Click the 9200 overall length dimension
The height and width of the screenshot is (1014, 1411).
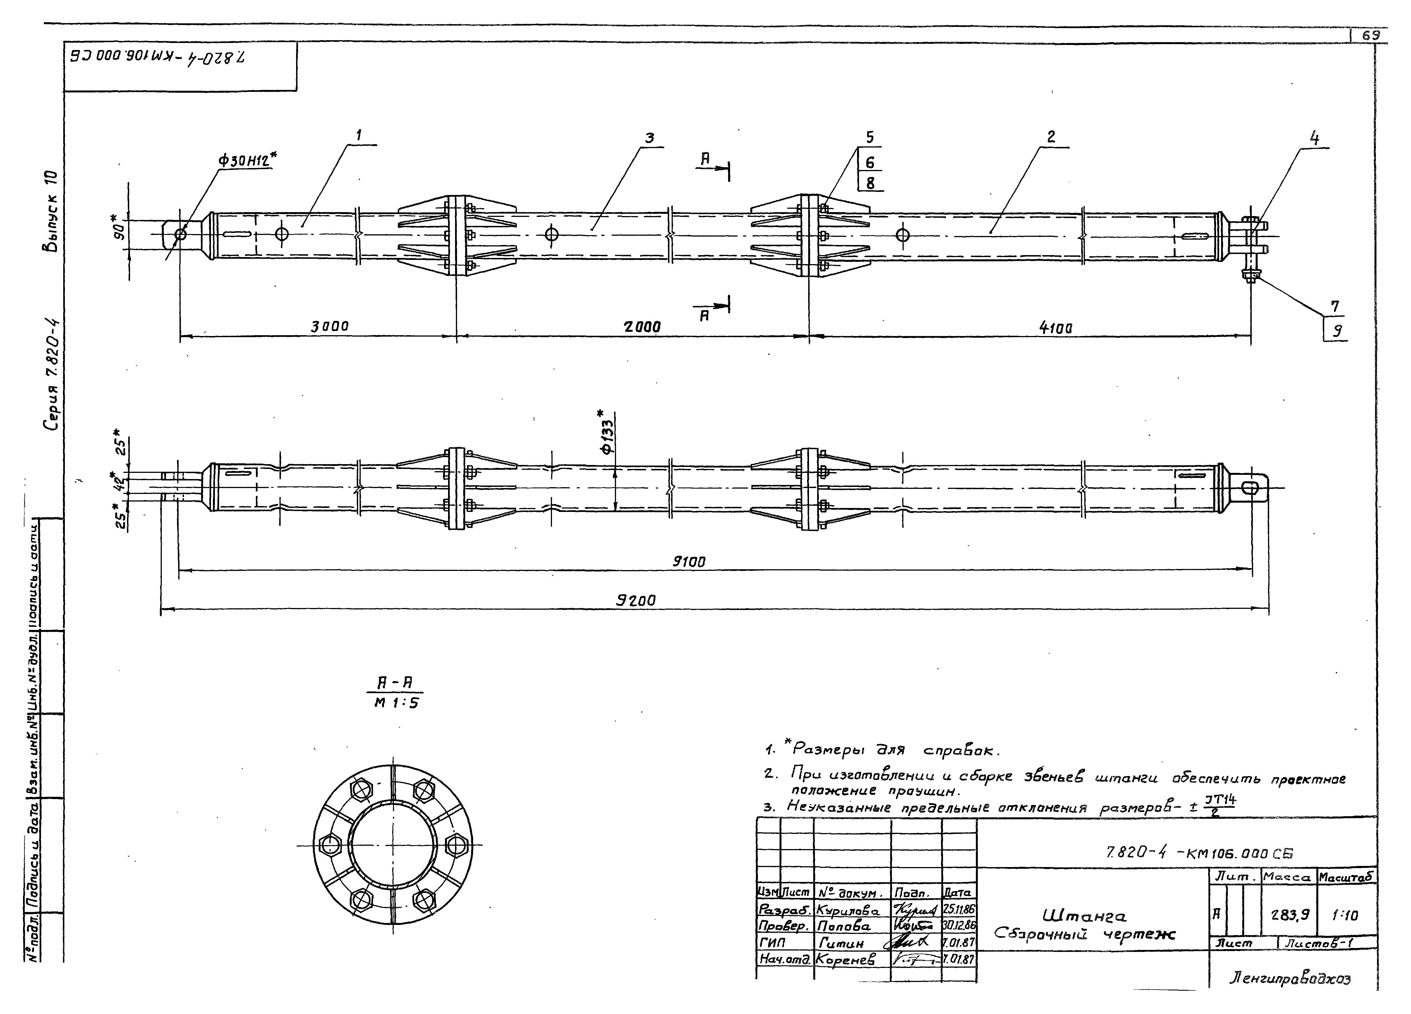pyautogui.click(x=636, y=600)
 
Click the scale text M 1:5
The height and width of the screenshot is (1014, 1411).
pyautogui.click(x=396, y=703)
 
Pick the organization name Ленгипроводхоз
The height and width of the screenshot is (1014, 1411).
pyautogui.click(x=1290, y=978)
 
